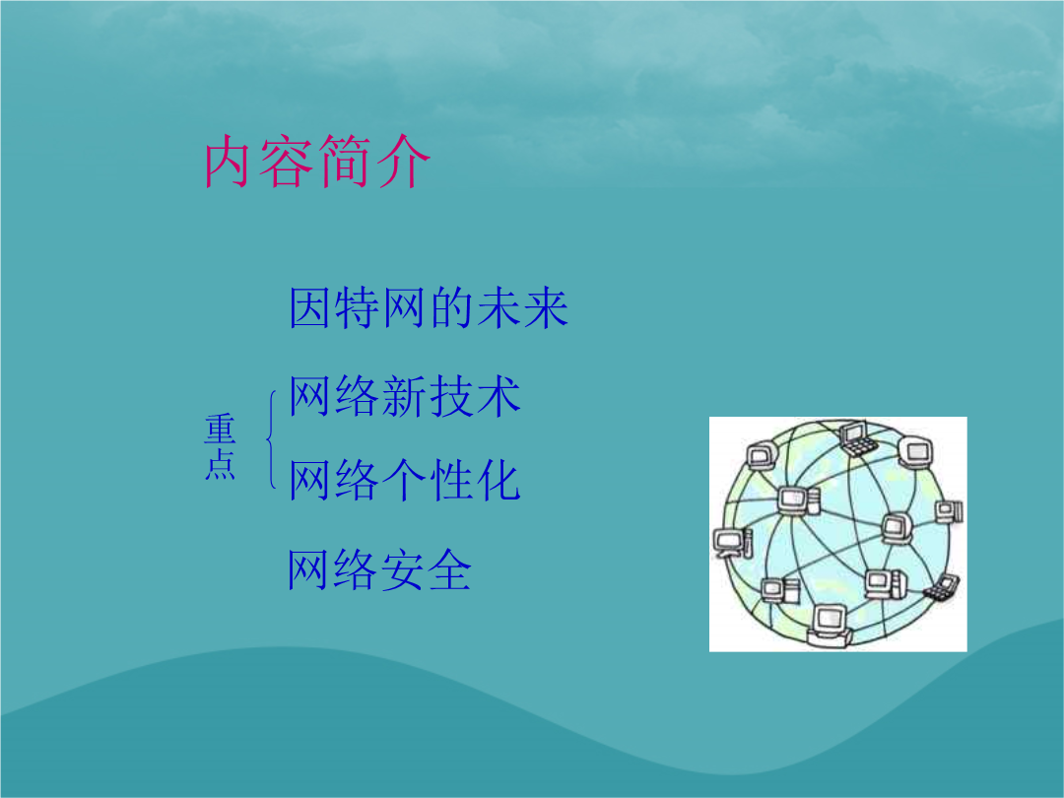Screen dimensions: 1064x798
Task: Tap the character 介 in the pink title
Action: click(x=405, y=162)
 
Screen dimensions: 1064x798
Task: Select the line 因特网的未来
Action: click(x=429, y=307)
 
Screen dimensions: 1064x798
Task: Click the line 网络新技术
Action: click(x=405, y=396)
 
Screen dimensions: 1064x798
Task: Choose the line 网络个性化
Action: click(x=405, y=480)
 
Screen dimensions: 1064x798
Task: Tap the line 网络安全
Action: click(x=379, y=569)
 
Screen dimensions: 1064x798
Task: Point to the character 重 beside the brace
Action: click(x=220, y=429)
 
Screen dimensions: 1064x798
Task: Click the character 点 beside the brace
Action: click(x=220, y=464)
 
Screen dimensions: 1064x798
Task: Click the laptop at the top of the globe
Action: click(x=856, y=438)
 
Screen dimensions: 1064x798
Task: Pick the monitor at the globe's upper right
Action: click(x=916, y=451)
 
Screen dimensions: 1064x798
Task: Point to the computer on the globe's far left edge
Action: click(x=732, y=542)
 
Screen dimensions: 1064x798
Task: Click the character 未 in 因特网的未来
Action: click(x=499, y=307)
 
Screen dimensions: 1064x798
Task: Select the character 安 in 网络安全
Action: click(x=402, y=569)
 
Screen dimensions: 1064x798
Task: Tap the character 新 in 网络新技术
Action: click(x=405, y=396)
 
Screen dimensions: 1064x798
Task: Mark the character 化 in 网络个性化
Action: click(x=499, y=480)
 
